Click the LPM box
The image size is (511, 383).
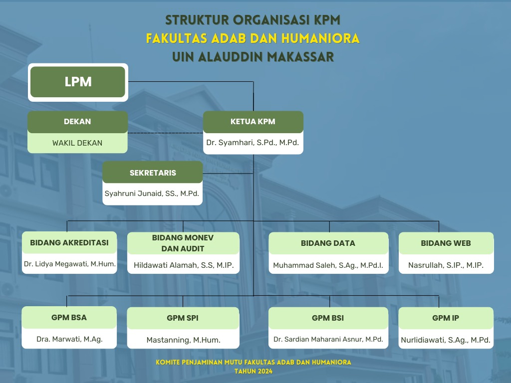point(78,82)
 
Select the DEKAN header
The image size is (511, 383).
point(77,122)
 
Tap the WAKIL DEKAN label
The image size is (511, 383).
point(77,143)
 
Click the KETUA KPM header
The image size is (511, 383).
point(253,122)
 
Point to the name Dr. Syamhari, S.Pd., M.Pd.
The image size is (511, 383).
point(253,143)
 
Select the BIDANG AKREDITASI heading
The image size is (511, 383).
point(69,243)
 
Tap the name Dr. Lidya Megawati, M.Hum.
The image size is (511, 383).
point(70,264)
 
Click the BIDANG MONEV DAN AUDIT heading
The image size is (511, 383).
point(183,243)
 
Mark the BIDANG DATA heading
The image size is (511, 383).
point(328,243)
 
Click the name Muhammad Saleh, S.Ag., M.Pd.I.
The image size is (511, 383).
point(328,265)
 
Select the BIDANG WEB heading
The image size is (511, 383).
point(446,243)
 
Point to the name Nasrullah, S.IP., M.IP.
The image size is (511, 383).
point(446,265)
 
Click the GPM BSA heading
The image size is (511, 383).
point(69,318)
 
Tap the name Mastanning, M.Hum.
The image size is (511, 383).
point(184,340)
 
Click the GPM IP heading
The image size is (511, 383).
point(446,318)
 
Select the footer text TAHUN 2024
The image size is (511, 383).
point(254,371)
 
